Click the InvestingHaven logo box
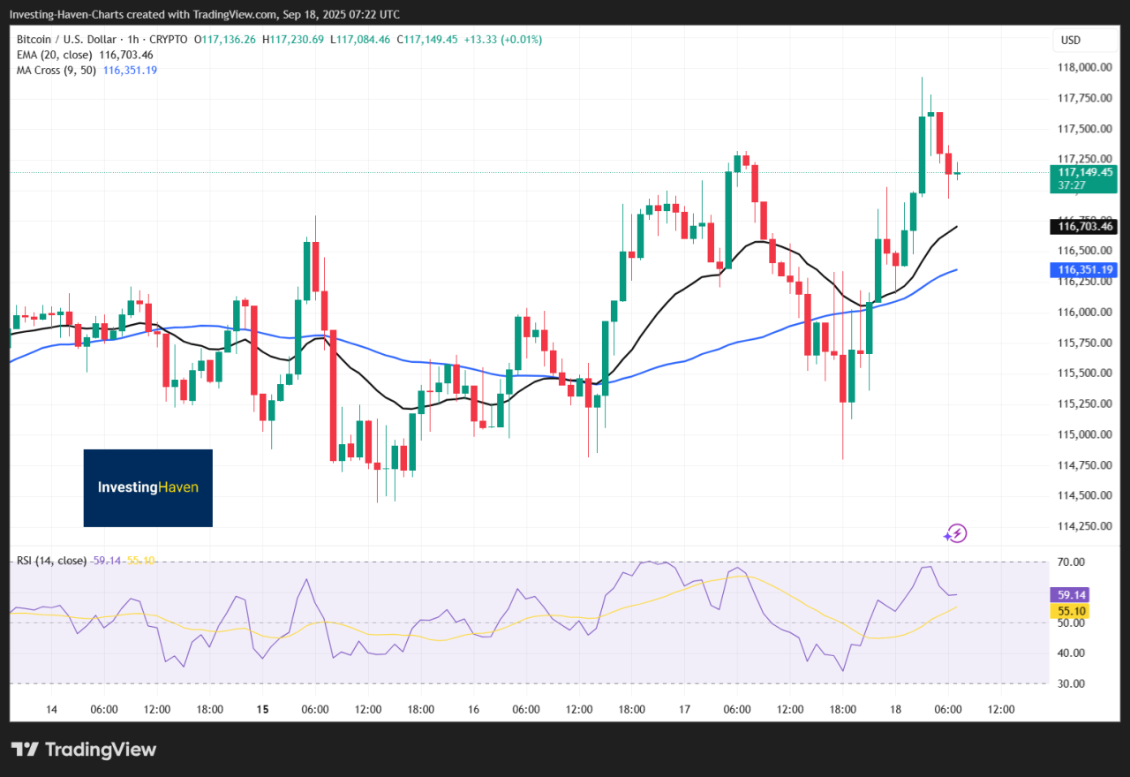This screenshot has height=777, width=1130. pyautogui.click(x=148, y=487)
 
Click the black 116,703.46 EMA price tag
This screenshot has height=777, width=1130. pyautogui.click(x=1082, y=227)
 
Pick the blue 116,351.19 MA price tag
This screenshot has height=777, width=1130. pyautogui.click(x=1082, y=270)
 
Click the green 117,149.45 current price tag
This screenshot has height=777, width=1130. pyautogui.click(x=1082, y=172)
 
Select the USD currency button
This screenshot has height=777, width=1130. pyautogui.click(x=1071, y=41)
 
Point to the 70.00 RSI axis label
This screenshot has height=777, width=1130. pyautogui.click(x=1071, y=562)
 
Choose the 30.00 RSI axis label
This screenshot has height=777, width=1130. pyautogui.click(x=1071, y=684)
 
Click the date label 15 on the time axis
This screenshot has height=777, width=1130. pyautogui.click(x=262, y=710)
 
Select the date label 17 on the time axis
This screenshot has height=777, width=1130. pyautogui.click(x=684, y=710)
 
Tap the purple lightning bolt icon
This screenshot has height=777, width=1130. pyautogui.click(x=955, y=532)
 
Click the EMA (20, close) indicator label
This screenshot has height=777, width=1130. pyautogui.click(x=54, y=55)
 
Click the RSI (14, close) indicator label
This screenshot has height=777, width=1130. pyautogui.click(x=51, y=561)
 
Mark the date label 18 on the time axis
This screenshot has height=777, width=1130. pyautogui.click(x=895, y=710)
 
